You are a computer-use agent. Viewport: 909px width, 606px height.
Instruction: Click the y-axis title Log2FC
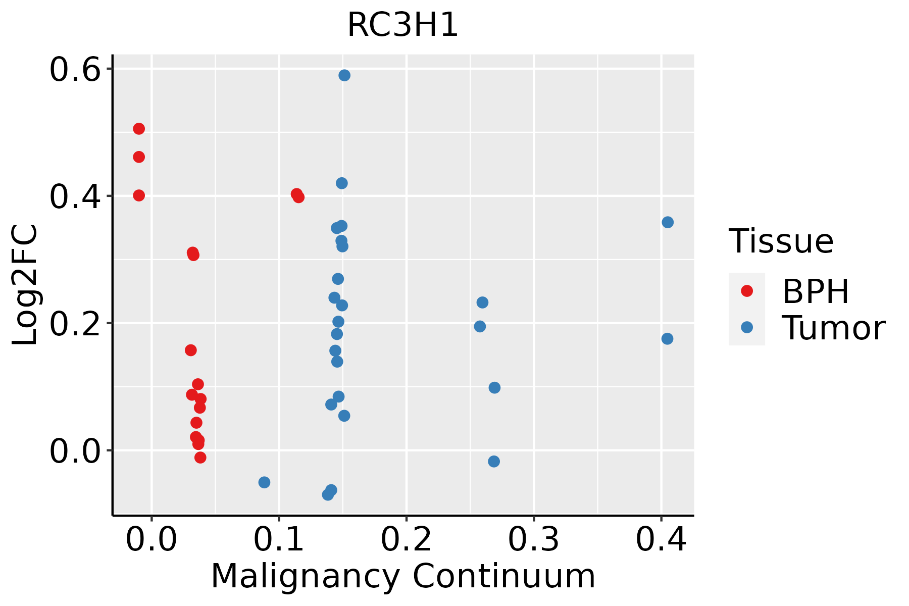click(x=25, y=285)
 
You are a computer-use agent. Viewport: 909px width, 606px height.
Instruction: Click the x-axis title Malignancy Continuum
click(x=402, y=576)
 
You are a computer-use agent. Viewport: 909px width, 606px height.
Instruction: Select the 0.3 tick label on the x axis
click(x=533, y=540)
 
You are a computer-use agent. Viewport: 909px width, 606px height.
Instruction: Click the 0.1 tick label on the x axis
click(x=279, y=540)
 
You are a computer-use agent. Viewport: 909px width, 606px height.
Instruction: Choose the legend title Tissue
click(x=781, y=241)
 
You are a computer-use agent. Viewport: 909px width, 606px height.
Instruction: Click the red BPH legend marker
click(x=746, y=291)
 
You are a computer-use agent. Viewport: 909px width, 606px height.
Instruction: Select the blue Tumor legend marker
click(x=746, y=327)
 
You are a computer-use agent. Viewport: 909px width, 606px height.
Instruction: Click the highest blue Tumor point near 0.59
click(x=344, y=75)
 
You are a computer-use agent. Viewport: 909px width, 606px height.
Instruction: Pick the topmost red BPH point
click(x=139, y=129)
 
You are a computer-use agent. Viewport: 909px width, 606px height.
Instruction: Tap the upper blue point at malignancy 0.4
click(x=668, y=222)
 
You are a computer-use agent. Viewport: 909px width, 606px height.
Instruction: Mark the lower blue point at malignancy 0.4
click(x=667, y=338)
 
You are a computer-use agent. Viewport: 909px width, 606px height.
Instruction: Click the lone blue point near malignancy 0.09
click(x=264, y=482)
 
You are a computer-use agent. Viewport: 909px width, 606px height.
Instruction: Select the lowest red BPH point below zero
click(x=200, y=458)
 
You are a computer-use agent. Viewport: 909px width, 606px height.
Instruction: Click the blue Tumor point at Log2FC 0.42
click(x=342, y=183)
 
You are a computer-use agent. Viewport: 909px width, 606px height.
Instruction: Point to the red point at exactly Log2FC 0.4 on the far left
click(x=139, y=195)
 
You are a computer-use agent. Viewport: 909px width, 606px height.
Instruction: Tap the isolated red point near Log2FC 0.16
click(x=191, y=350)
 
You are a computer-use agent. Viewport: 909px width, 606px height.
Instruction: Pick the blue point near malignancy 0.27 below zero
click(x=494, y=461)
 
